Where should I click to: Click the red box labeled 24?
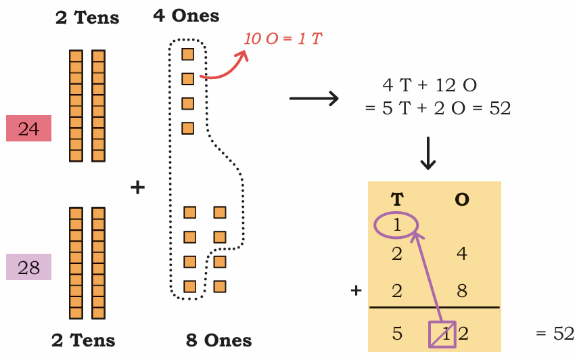(28, 128)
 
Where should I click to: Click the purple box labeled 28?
(28, 267)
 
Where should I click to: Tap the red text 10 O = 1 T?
(283, 39)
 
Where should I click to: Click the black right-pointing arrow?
(314, 99)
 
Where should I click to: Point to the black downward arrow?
(428, 153)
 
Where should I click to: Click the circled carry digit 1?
(396, 225)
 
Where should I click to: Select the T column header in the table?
(397, 199)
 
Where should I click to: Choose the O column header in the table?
(462, 199)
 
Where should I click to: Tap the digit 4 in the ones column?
(462, 254)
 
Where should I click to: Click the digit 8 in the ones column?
(462, 291)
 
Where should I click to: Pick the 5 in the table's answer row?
(397, 334)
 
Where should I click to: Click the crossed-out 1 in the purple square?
(446, 334)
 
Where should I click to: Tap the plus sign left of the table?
(356, 291)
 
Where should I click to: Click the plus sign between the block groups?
(137, 187)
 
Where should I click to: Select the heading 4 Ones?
(186, 16)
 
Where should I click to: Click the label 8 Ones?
(218, 340)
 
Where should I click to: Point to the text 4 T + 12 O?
(430, 85)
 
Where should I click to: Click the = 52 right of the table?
(555, 334)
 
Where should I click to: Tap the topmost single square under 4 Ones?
(187, 55)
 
